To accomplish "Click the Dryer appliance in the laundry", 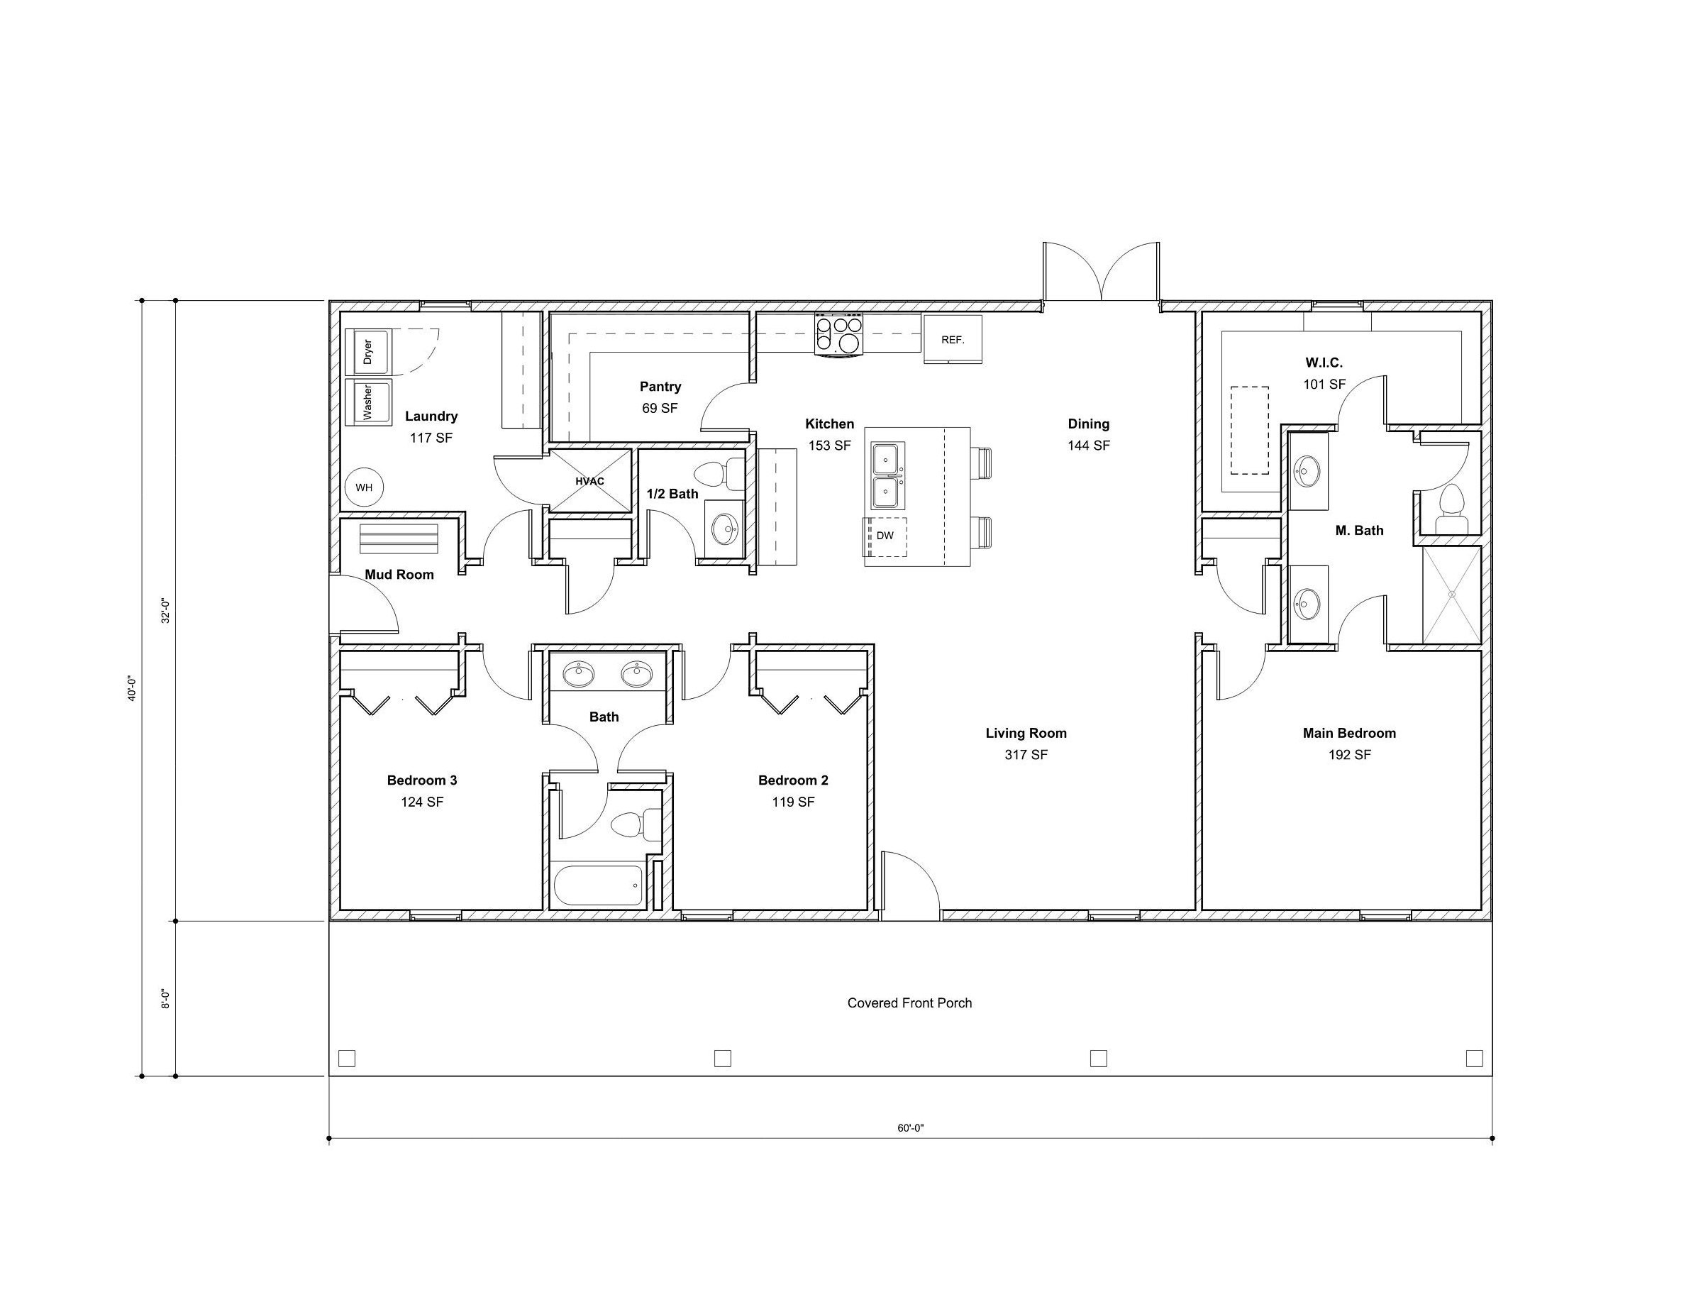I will click(x=369, y=351).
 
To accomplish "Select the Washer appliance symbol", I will click(x=368, y=401).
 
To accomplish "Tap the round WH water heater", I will click(x=364, y=488).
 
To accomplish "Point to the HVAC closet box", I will click(x=590, y=481).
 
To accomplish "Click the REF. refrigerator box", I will click(x=952, y=339).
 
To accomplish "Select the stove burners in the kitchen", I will click(x=838, y=334).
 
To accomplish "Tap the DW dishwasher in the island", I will click(x=885, y=536).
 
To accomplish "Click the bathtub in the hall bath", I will click(x=599, y=885).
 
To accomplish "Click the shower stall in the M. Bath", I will click(x=1451, y=595).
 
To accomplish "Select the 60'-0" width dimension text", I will click(x=910, y=1128).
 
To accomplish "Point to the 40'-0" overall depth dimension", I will click(x=132, y=688).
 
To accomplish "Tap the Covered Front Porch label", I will click(x=909, y=1003).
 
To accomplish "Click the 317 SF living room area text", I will click(x=1026, y=754).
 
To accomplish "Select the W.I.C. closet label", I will click(x=1324, y=363).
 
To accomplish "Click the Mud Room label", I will click(x=399, y=575).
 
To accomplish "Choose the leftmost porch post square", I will click(x=347, y=1058).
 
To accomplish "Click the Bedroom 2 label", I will click(x=793, y=780).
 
